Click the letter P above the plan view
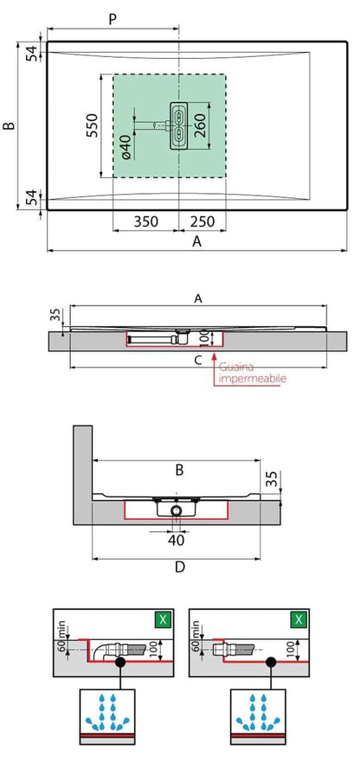112,19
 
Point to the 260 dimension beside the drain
198,126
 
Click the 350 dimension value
145,221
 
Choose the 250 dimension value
203,221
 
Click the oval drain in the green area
178,126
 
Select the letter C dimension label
198,359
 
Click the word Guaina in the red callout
235,367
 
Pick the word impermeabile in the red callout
253,379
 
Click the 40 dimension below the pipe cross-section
177,541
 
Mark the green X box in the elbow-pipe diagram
161,620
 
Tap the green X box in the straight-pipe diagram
298,620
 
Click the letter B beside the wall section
179,471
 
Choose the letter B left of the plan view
10,126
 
